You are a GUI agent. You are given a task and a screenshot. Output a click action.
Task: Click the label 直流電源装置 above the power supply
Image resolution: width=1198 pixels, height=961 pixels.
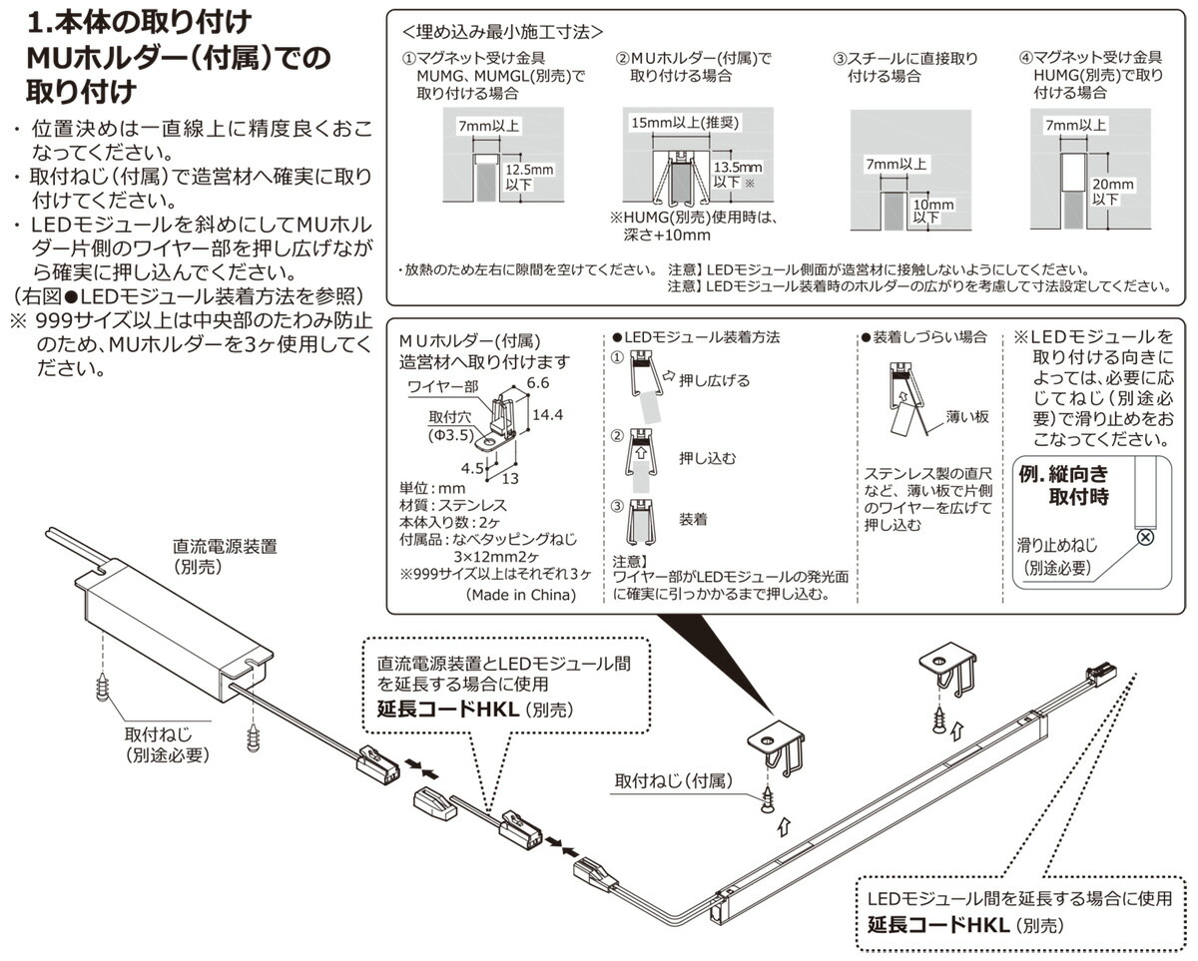pos(225,546)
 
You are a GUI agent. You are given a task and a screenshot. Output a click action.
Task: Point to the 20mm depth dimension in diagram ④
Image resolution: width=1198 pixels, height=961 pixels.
pos(1112,191)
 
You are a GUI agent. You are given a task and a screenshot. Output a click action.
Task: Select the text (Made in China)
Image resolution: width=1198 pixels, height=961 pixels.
pos(520,595)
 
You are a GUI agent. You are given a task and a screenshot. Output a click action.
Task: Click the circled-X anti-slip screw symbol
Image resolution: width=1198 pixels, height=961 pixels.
pos(1145,538)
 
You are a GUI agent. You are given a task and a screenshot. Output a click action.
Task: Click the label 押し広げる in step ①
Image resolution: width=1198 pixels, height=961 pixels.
pos(714,380)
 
